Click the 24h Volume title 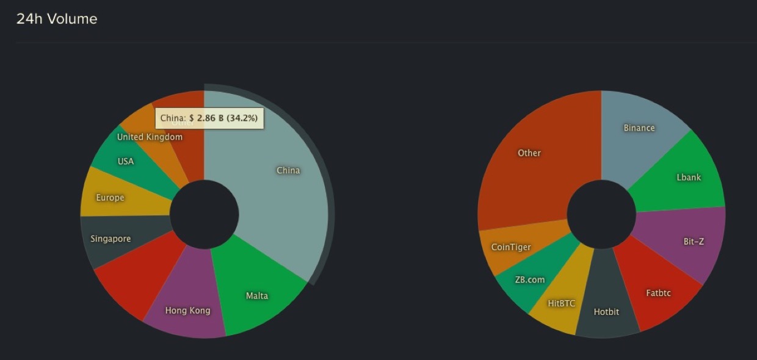[57, 19]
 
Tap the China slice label [288, 170]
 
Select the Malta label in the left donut [257, 296]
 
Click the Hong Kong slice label [187, 311]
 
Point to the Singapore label [110, 239]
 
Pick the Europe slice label [110, 198]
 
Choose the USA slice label [126, 162]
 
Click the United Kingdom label [150, 137]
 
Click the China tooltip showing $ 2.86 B [209, 118]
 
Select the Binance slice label [639, 128]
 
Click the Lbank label [689, 178]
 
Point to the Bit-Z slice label [694, 242]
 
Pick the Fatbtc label [658, 293]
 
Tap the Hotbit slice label [606, 312]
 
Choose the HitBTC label [561, 303]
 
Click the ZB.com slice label [529, 280]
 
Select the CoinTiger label [511, 247]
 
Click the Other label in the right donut [529, 153]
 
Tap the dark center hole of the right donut [601, 214]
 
